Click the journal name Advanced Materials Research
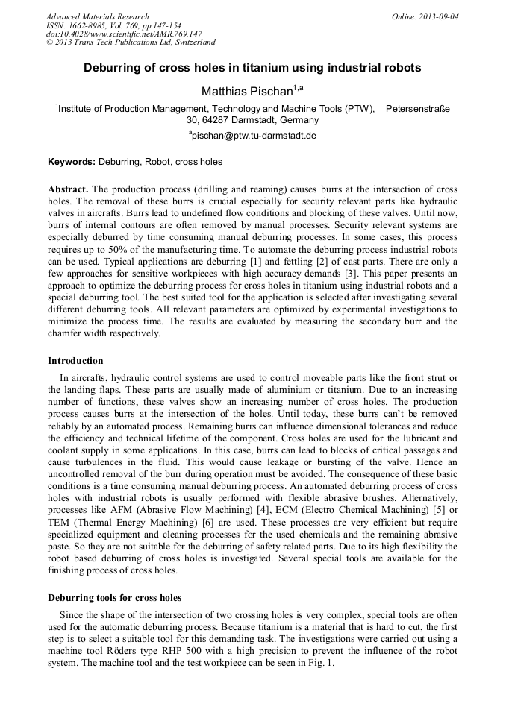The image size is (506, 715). tap(98, 16)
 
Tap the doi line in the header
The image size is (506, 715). tap(124, 34)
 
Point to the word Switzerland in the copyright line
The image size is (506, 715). tap(193, 42)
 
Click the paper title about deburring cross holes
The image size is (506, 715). tap(252, 68)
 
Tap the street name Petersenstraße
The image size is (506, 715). tap(418, 108)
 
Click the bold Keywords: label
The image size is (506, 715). tap(72, 161)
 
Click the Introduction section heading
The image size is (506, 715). tap(75, 361)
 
